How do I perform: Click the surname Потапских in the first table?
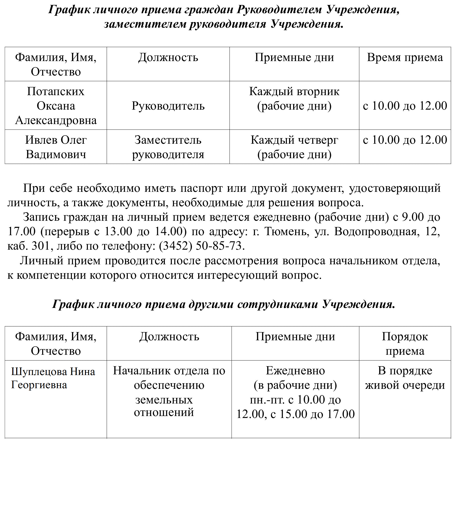click(x=56, y=91)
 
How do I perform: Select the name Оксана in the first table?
click(x=56, y=106)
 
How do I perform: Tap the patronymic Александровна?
click(x=56, y=120)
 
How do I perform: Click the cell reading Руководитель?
click(x=168, y=106)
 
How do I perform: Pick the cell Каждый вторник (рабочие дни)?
click(x=294, y=98)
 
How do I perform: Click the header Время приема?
click(x=405, y=57)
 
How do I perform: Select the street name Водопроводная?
click(x=375, y=231)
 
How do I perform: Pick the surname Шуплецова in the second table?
click(x=39, y=372)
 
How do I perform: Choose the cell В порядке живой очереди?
click(x=405, y=378)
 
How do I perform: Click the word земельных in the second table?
click(x=164, y=400)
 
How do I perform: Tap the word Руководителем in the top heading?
click(x=279, y=10)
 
